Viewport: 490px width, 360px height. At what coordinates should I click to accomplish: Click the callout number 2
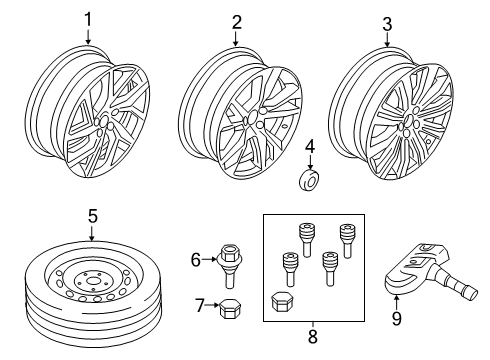[x=237, y=21]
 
